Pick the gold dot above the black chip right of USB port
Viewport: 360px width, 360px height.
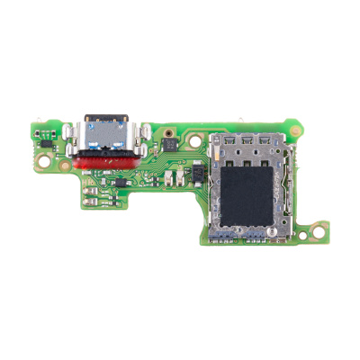167,131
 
